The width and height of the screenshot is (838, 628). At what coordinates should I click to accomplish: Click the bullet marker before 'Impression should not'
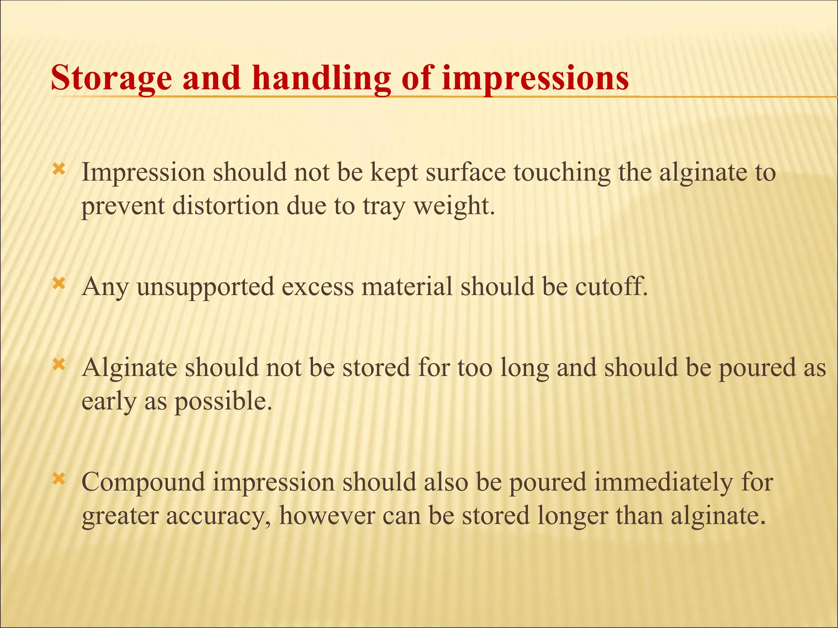point(59,169)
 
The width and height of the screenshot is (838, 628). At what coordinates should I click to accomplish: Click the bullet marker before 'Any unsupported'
point(59,283)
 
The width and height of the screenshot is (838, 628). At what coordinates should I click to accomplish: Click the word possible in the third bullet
point(223,401)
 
